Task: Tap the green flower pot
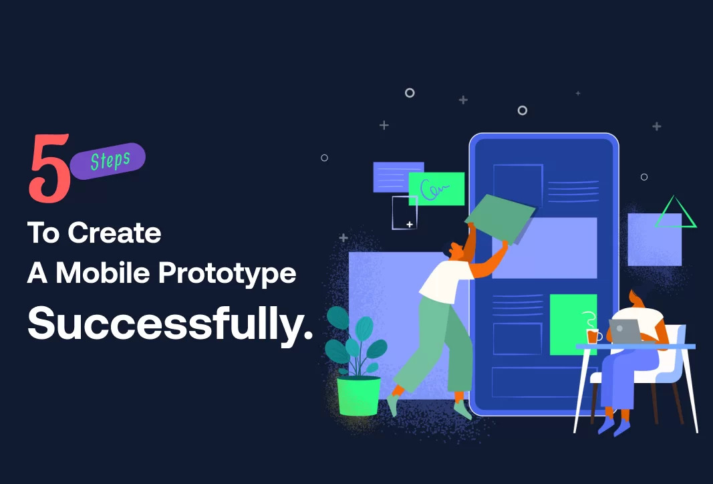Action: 358,396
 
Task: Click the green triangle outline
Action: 676,213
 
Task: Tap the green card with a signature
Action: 436,189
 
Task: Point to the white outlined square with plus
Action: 404,213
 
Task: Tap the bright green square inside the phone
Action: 573,324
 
